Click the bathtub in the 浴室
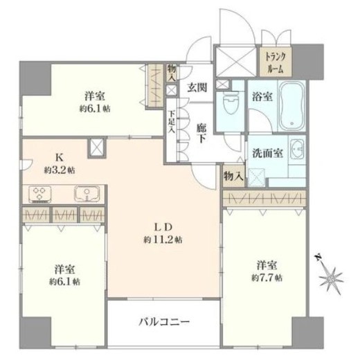click(x=291, y=106)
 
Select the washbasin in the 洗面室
click(x=297, y=149)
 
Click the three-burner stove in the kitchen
click(x=39, y=194)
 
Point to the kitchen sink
click(x=87, y=194)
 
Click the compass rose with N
click(x=330, y=275)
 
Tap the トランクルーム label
click(x=276, y=63)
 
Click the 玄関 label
click(x=197, y=88)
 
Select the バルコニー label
click(x=164, y=321)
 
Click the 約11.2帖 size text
click(x=163, y=240)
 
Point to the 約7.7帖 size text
click(x=267, y=278)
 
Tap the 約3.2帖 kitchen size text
click(x=60, y=170)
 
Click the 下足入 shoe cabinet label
click(x=171, y=123)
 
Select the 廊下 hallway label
click(x=201, y=134)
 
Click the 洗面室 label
click(x=268, y=153)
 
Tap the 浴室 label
click(x=262, y=97)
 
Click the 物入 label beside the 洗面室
click(x=233, y=177)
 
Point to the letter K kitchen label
click(x=60, y=158)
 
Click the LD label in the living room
click(x=163, y=228)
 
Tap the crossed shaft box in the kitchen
click(x=97, y=148)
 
